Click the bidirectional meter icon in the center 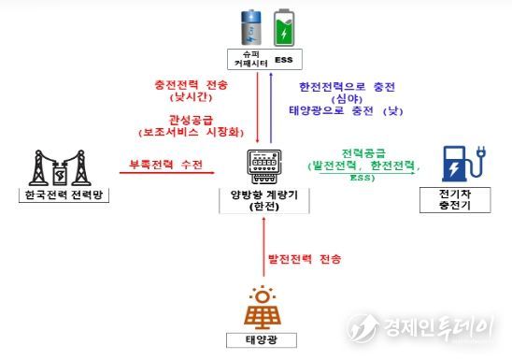pos(263,162)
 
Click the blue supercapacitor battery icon pos(249,28)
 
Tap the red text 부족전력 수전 pos(166,165)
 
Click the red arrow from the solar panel pos(263,250)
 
